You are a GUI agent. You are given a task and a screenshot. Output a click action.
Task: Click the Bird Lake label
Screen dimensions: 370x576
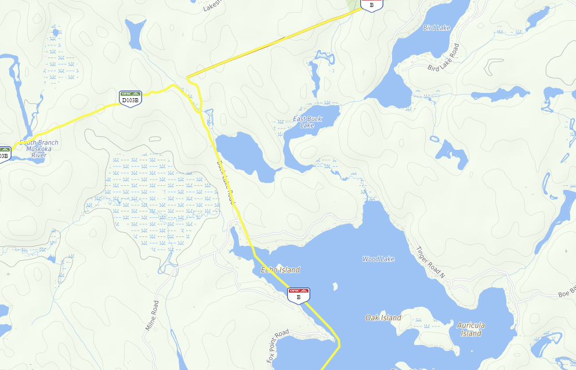click(437, 28)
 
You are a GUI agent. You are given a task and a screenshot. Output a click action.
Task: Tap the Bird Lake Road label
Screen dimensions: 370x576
click(443, 58)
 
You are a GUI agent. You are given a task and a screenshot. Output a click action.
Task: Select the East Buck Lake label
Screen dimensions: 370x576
click(307, 122)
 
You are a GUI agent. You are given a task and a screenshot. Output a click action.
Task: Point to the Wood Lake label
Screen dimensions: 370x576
click(378, 259)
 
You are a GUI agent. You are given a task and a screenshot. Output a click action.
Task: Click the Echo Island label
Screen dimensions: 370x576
click(280, 270)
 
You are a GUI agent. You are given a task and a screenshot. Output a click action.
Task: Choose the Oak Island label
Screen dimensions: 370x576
click(383, 318)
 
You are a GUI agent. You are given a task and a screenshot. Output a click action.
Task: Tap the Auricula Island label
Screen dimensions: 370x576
click(470, 329)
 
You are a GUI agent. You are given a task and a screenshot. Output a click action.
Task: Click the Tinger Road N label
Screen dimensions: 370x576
click(430, 262)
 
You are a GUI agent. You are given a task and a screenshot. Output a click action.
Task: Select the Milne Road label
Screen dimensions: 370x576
click(152, 315)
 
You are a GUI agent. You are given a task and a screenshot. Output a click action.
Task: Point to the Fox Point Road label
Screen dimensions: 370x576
click(278, 346)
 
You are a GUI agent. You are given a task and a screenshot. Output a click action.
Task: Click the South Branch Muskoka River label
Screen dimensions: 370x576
click(38, 149)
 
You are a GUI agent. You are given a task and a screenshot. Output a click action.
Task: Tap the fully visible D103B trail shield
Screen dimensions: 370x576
click(130, 97)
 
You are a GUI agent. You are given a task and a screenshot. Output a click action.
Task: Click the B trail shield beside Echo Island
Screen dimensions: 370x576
click(299, 294)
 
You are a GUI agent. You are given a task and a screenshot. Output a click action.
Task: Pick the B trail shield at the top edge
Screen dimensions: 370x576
click(371, 5)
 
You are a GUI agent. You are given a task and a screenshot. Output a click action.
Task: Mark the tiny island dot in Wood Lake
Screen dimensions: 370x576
click(335, 286)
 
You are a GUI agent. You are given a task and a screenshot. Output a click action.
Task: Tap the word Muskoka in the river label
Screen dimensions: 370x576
click(38, 149)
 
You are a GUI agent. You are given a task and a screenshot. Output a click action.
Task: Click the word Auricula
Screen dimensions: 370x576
click(470, 325)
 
